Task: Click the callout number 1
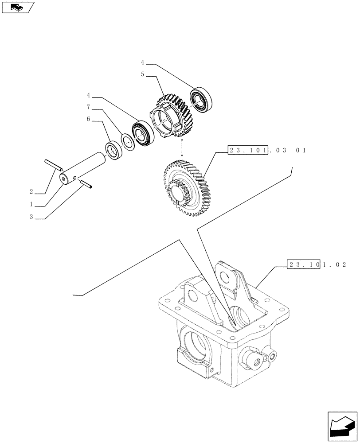click(x=31, y=205)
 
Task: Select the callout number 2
click(x=31, y=192)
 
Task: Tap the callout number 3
click(x=31, y=218)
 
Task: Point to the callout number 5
click(x=142, y=74)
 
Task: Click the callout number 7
click(x=88, y=107)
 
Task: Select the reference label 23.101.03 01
click(x=266, y=151)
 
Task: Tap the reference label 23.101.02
click(x=316, y=264)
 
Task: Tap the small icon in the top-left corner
click(x=18, y=7)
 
